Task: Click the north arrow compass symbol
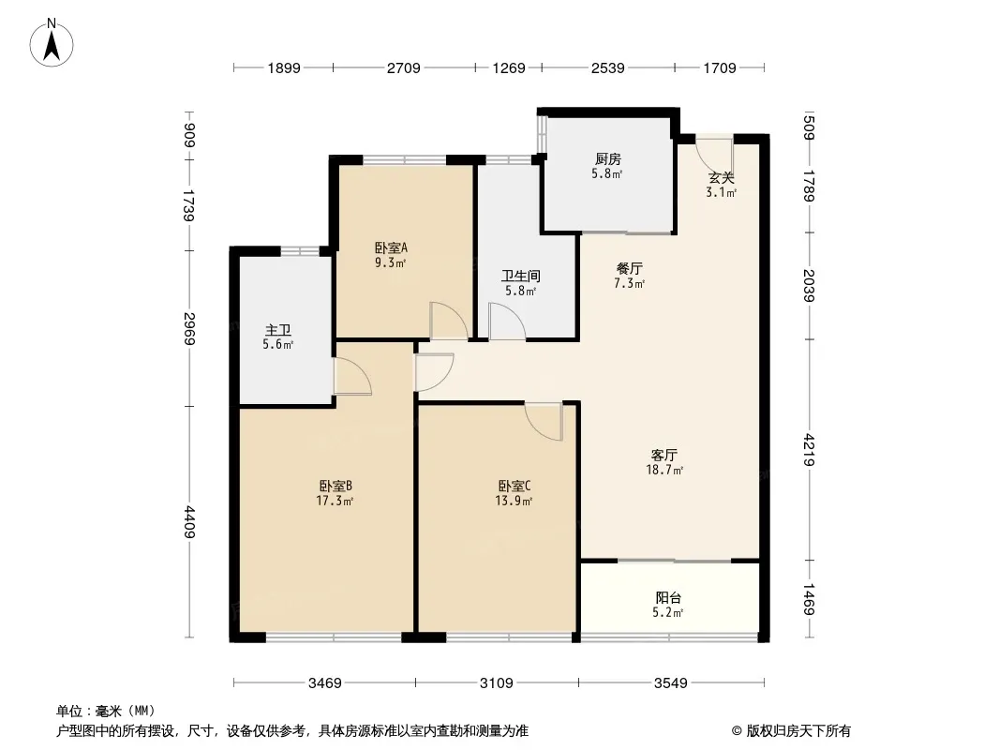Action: [x=52, y=43]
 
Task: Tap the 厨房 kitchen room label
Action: [x=608, y=158]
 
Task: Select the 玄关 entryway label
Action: [x=721, y=178]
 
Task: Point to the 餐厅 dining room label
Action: [x=629, y=269]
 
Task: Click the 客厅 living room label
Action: [x=664, y=455]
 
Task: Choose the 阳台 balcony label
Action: [x=667, y=598]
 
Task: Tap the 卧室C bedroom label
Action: [x=514, y=487]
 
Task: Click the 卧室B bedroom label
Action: [x=335, y=487]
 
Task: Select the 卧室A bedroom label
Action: [x=391, y=247]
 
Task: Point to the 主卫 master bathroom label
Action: [x=277, y=330]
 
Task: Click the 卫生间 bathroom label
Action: [x=520, y=276]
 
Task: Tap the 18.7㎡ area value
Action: [x=664, y=471]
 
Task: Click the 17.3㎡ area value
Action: [x=335, y=501]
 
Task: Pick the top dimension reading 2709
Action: [x=404, y=67]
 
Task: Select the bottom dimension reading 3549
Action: [x=671, y=683]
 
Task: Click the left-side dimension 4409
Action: [x=189, y=521]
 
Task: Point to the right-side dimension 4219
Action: [x=809, y=450]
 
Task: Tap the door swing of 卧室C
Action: [x=544, y=421]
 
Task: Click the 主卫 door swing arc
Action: [x=352, y=376]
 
